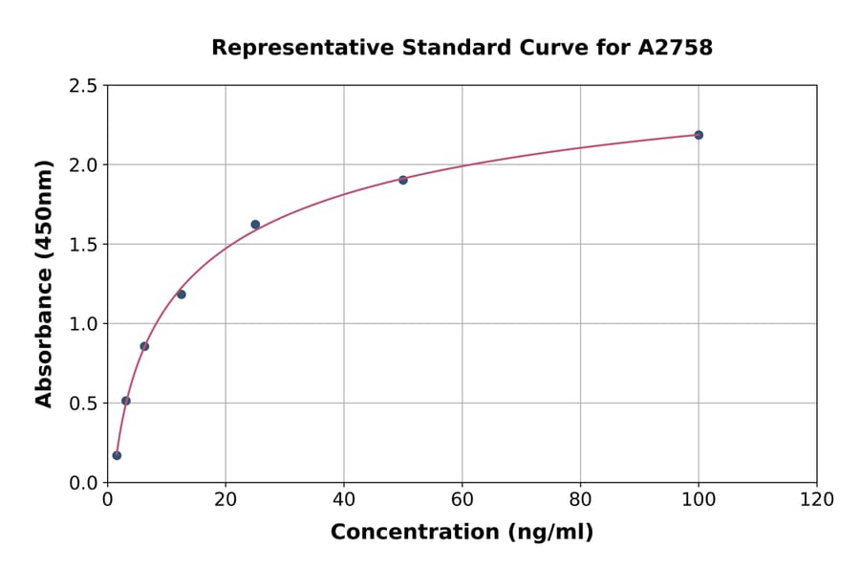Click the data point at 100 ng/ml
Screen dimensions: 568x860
click(699, 135)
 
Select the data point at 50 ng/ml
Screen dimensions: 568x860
click(403, 180)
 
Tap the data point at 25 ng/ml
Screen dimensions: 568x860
click(255, 225)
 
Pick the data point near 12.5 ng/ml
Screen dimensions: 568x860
click(182, 295)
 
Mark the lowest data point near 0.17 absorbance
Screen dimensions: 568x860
click(117, 455)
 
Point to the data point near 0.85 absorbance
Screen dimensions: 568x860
click(144, 346)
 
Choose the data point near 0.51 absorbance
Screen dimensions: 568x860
click(126, 401)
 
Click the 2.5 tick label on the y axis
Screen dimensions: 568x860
click(82, 86)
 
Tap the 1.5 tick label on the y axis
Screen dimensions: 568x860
click(82, 245)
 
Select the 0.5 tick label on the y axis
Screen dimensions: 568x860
click(82, 404)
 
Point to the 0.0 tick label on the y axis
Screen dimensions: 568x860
click(82, 483)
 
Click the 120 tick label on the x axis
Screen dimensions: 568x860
click(816, 500)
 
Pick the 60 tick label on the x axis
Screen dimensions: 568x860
click(462, 500)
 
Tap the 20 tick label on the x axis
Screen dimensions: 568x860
click(226, 500)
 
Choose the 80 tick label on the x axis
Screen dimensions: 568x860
click(580, 500)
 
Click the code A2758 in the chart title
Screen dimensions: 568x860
click(675, 48)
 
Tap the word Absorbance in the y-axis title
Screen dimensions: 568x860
click(44, 325)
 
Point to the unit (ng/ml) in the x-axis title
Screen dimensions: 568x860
click(550, 533)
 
